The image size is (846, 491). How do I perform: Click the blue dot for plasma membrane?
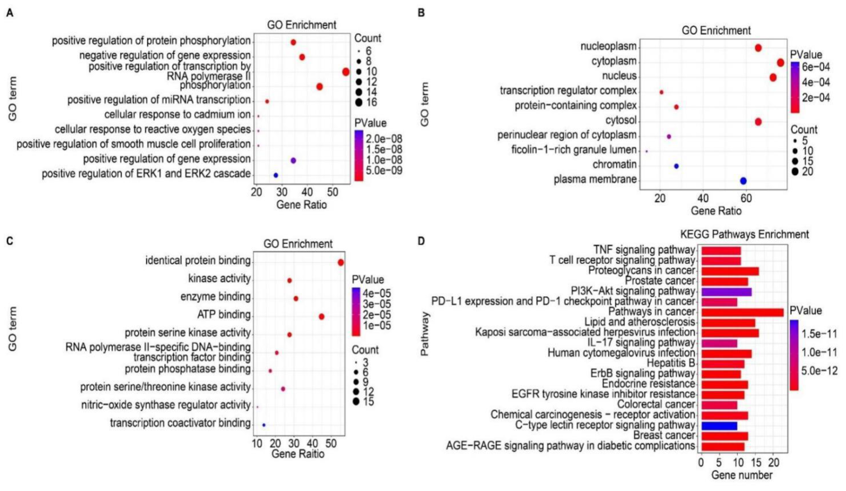coord(743,181)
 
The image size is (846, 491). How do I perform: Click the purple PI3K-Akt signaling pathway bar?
coord(726,291)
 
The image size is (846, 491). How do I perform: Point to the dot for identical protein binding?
coord(341,262)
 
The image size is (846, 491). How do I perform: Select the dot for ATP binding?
coord(321,317)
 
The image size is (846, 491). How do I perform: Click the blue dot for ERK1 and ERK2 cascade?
coord(276,175)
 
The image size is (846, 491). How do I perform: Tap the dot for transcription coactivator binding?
coord(264,425)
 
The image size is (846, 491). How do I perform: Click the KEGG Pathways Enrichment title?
coord(744,234)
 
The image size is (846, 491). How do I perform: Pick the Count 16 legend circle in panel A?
coord(359,102)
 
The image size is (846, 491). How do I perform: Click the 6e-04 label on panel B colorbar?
coord(816,67)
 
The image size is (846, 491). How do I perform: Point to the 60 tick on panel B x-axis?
coord(746,198)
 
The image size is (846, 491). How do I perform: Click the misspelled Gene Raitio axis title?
coord(298,454)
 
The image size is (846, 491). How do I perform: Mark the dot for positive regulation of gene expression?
coord(293,161)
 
